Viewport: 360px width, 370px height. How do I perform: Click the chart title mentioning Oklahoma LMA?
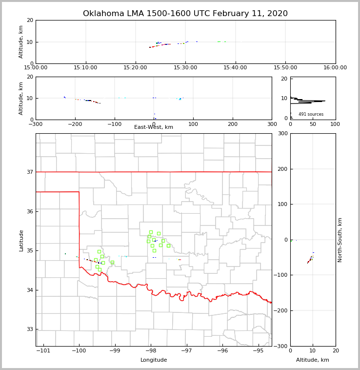click(185, 14)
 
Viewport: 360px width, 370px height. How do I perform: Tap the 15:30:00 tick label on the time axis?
click(185, 67)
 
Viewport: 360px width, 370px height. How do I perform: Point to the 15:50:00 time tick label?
click(285, 67)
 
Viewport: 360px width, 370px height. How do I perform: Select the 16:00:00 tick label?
click(335, 67)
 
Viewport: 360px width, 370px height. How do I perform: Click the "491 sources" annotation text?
click(311, 114)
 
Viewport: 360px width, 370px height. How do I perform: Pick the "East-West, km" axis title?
click(154, 127)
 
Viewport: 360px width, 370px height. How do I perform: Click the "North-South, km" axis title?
click(340, 240)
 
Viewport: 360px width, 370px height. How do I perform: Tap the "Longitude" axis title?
click(154, 360)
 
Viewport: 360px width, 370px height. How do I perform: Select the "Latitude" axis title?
click(21, 240)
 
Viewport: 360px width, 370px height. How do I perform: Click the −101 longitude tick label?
click(43, 350)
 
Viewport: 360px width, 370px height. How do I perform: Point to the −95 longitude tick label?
click(259, 350)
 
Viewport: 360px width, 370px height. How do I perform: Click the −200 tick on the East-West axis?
click(75, 124)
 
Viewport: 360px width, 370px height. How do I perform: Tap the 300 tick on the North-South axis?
click(282, 134)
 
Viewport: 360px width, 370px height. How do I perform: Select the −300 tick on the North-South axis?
click(280, 346)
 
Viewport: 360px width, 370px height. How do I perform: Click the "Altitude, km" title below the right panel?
click(313, 360)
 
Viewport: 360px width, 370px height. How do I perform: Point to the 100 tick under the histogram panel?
click(335, 124)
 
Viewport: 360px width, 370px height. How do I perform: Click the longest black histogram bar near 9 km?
click(312, 101)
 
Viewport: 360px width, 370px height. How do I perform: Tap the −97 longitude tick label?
click(186, 350)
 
